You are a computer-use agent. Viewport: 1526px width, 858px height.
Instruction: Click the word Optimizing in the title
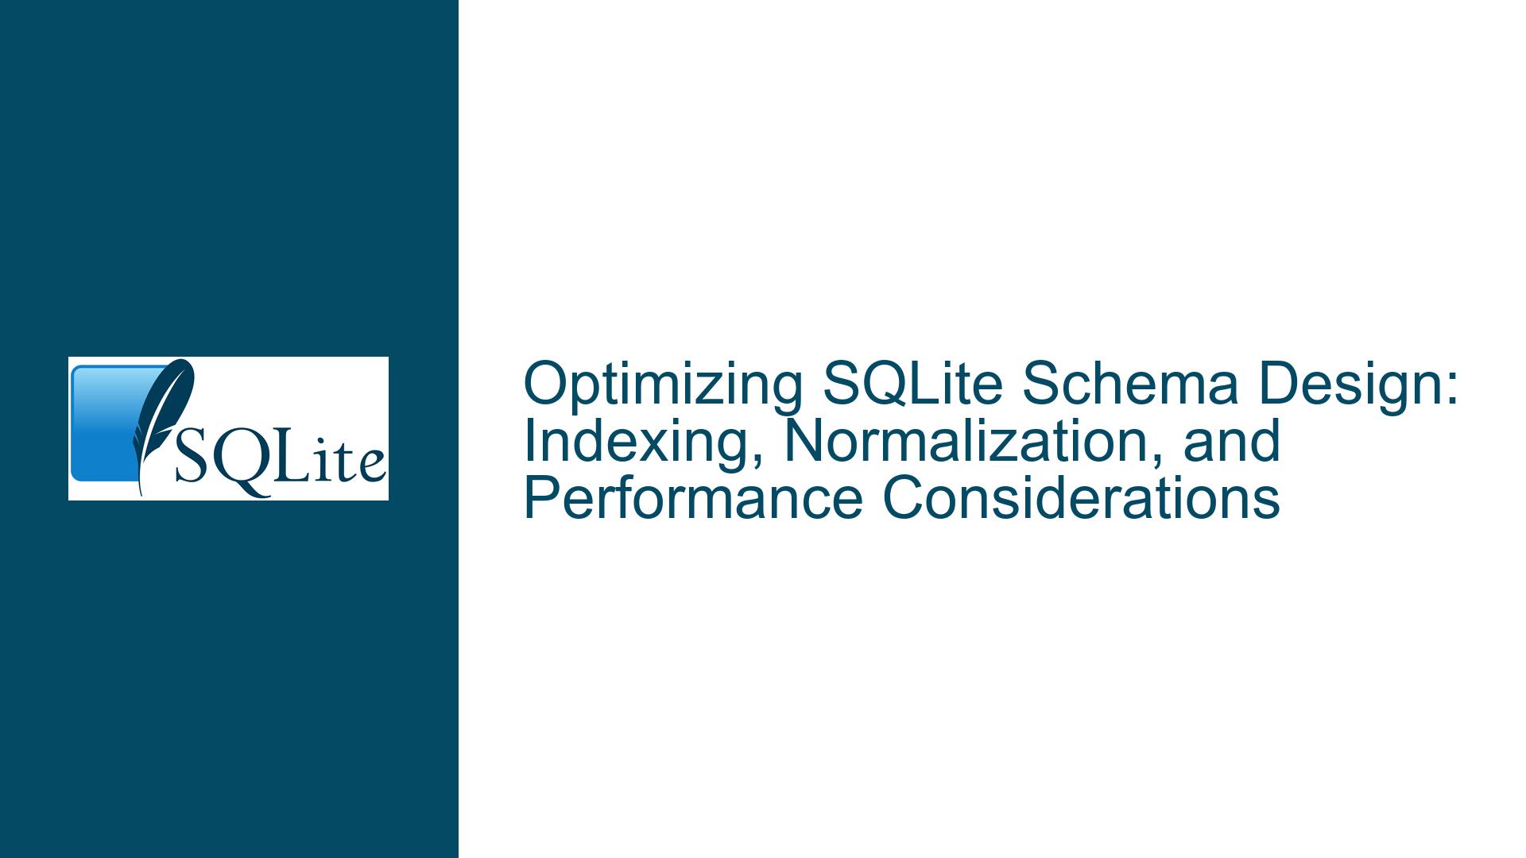(663, 385)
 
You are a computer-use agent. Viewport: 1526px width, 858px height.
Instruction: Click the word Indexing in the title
(645, 443)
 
